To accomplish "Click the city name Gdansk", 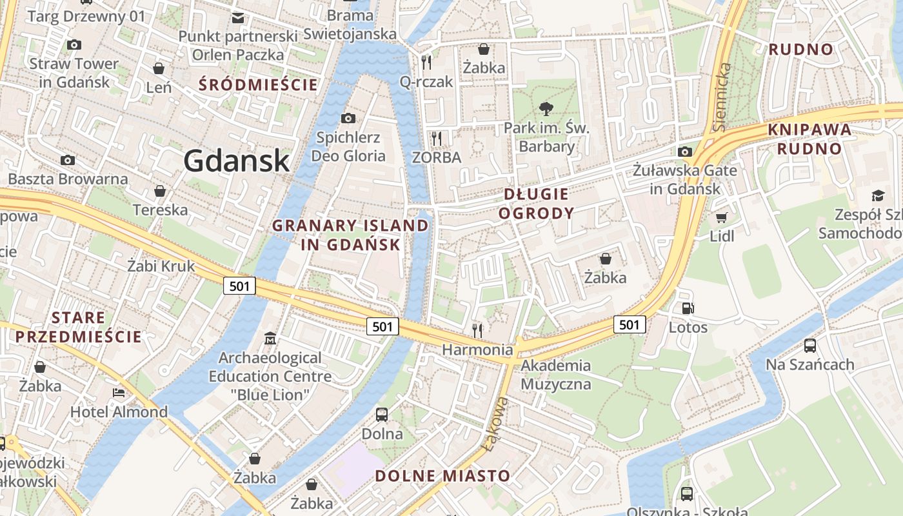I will tap(237, 160).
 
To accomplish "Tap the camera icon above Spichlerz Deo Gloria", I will tap(348, 118).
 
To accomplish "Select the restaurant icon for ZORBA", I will tap(437, 138).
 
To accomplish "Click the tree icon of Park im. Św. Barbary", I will tap(546, 108).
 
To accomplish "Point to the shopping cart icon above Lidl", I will tap(721, 217).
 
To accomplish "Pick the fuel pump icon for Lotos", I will tap(688, 308).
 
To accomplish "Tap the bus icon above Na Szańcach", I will tap(810, 346).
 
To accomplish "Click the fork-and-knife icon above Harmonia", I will tap(477, 330).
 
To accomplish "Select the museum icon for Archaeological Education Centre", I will tap(270, 338).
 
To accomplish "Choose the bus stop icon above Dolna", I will tap(382, 415).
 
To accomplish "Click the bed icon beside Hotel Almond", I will tap(119, 392).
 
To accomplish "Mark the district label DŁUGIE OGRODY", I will tap(538, 203).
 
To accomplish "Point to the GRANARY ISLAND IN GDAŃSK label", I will tap(350, 235).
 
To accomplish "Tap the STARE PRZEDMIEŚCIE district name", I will tap(79, 326).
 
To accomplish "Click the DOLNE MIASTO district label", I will tap(442, 476).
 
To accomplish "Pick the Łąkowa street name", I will tap(495, 424).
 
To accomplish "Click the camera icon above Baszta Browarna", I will tap(67, 160).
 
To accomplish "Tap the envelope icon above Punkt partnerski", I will tap(238, 18).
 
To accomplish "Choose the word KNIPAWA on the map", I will tap(809, 130).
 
